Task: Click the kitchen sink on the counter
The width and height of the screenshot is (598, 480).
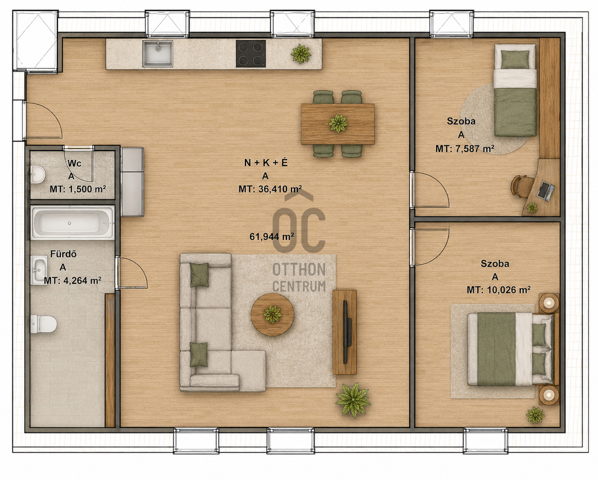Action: point(158,54)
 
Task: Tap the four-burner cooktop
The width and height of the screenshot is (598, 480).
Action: point(251,54)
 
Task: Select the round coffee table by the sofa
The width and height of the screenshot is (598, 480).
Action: point(273,315)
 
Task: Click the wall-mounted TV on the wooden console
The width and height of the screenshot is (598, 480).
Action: point(346,332)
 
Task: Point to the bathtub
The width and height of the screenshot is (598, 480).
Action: point(72,223)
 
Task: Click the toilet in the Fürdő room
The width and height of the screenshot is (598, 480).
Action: point(44,324)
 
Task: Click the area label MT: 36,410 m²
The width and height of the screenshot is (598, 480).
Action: point(270,189)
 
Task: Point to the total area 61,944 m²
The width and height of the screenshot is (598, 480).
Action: point(272,236)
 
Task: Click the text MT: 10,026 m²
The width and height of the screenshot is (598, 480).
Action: point(498,290)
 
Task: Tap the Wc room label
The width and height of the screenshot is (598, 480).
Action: point(74,163)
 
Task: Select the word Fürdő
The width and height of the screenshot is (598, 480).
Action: point(63,254)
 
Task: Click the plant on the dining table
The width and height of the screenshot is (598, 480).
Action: point(338,124)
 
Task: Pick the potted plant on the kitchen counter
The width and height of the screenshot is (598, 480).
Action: point(301,54)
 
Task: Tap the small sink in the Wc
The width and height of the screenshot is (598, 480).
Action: point(38,175)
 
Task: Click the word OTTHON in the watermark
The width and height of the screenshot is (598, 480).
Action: point(299,269)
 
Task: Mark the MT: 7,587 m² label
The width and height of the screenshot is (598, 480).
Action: point(465,149)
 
